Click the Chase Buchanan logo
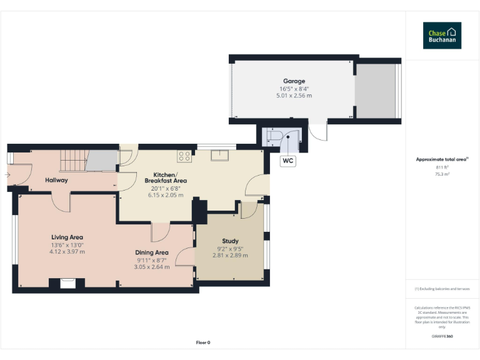point(442,36)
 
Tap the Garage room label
point(294,81)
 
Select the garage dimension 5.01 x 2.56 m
point(294,96)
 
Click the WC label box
point(288,161)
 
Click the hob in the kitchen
point(184,156)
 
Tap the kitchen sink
point(220,155)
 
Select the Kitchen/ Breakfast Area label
point(165,177)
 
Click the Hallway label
point(56,180)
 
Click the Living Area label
point(67,237)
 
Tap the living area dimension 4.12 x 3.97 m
point(67,251)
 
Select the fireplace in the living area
point(67,284)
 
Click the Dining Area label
point(152,252)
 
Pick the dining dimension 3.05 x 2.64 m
point(152,267)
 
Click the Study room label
point(230,241)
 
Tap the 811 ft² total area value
point(442,167)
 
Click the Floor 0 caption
point(203,342)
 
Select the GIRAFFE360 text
point(442,337)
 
